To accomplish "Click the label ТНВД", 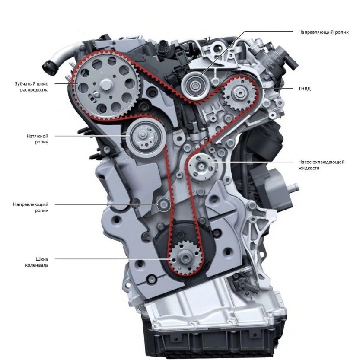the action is click(304, 89).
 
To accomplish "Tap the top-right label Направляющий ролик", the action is click(323, 32).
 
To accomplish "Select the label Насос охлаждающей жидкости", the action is click(322, 165).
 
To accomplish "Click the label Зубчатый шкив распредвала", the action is click(32, 86).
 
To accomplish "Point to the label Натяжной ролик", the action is click(37, 139).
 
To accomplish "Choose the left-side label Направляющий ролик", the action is click(31, 207).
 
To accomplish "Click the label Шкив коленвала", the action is click(37, 262).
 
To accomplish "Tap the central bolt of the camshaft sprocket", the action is click(106, 85).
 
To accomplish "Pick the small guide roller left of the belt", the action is click(163, 204).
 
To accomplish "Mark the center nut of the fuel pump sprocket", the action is click(239, 93).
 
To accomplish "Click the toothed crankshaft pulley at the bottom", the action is click(185, 258).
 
